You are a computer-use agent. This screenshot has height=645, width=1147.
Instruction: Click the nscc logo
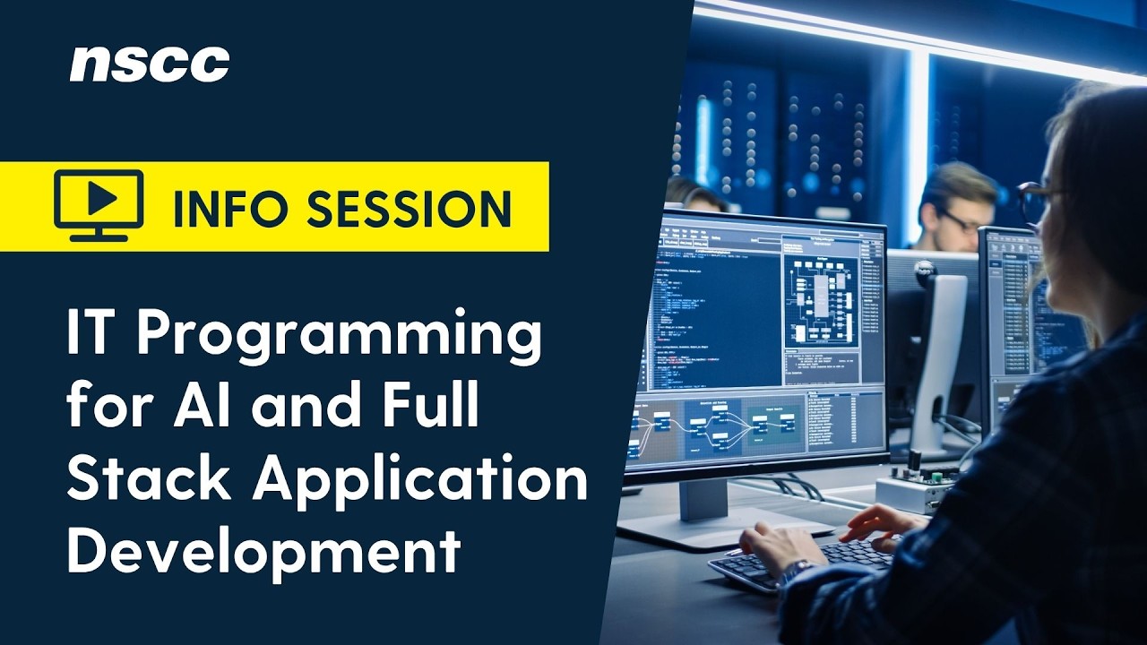(x=150, y=64)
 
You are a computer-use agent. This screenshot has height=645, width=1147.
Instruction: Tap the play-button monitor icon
(x=99, y=205)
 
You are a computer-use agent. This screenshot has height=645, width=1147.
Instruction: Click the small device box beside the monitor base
(x=914, y=488)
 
